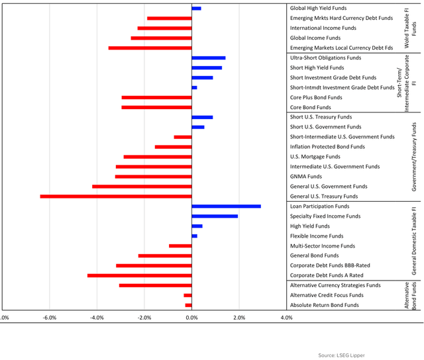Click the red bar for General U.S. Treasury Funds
(116, 197)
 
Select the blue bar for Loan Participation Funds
(226, 206)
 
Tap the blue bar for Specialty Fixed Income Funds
(215, 216)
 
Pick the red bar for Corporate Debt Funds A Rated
(139, 275)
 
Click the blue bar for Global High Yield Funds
(196, 9)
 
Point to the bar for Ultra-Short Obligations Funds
(208, 58)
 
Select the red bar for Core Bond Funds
(156, 107)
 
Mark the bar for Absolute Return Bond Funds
(188, 305)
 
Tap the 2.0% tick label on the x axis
(239, 318)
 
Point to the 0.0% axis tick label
(191, 318)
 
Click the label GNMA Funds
(306, 177)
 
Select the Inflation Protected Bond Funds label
(327, 147)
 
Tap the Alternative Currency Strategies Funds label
(335, 285)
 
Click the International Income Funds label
(323, 28)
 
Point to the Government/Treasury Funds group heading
(414, 157)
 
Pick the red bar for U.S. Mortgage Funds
(157, 157)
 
